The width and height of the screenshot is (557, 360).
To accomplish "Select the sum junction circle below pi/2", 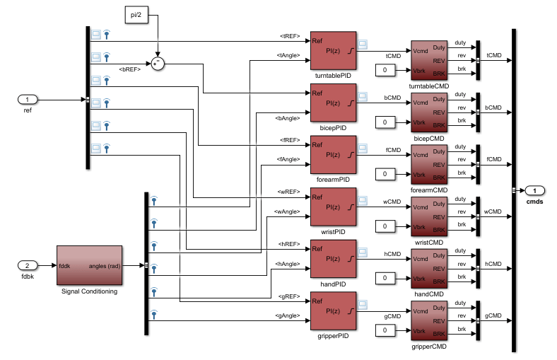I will coord(158,64).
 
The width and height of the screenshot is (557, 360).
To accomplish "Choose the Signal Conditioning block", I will coord(89,265).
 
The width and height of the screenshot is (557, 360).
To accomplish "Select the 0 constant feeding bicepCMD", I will coord(385,122).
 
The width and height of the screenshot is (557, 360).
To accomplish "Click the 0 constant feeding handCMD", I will coord(385,278).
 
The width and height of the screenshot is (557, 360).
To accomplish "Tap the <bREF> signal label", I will coord(130,69).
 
